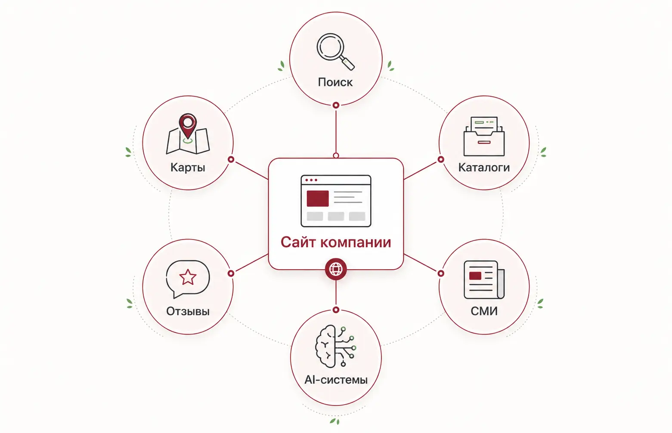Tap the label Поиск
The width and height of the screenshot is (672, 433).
335,82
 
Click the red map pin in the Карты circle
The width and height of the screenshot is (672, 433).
188,126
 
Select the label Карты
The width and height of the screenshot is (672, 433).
188,167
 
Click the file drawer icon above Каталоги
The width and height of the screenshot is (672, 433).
484,136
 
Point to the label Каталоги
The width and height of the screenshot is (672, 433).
484,167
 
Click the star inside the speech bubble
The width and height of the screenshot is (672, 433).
188,277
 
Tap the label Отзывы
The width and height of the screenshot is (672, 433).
188,311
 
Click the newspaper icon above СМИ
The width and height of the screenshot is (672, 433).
484,279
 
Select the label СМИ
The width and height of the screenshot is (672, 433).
484,311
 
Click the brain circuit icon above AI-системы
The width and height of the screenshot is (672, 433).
335,346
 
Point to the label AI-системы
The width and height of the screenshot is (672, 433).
336,380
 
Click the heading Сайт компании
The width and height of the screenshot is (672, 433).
336,242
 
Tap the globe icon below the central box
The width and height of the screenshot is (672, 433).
336,269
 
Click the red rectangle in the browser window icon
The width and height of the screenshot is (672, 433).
317,198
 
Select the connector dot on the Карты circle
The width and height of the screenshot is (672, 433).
231,160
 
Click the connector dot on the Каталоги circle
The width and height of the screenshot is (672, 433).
441,160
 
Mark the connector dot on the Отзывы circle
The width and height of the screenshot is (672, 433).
231,273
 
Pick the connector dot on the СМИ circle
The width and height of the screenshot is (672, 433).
441,273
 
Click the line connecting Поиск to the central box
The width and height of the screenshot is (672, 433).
336,131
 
